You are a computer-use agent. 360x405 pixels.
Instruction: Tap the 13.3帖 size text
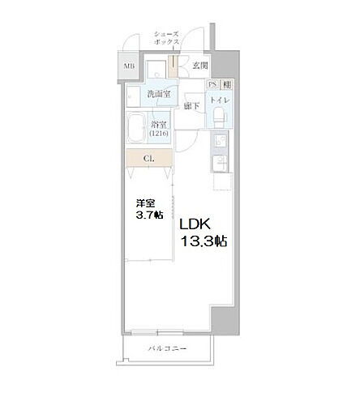(203, 241)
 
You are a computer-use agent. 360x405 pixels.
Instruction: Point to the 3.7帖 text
(149, 215)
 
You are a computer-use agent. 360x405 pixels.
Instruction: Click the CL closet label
(149, 158)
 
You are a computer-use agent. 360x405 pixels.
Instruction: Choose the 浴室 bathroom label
(159, 124)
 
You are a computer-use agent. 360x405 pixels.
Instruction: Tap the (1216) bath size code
(159, 134)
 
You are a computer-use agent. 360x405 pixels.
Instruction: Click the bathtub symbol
(138, 130)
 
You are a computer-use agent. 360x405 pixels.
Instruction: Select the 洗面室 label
(158, 95)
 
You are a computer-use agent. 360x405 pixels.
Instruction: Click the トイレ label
(220, 100)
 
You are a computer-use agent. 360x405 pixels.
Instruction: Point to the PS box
(213, 83)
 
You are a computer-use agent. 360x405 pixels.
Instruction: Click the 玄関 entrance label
(200, 66)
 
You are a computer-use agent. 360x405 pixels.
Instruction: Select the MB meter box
(129, 66)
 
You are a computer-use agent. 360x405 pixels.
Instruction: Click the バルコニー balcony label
(167, 348)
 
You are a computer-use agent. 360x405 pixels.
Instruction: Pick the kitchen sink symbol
(220, 165)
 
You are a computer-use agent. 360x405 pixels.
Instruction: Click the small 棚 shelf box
(227, 83)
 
